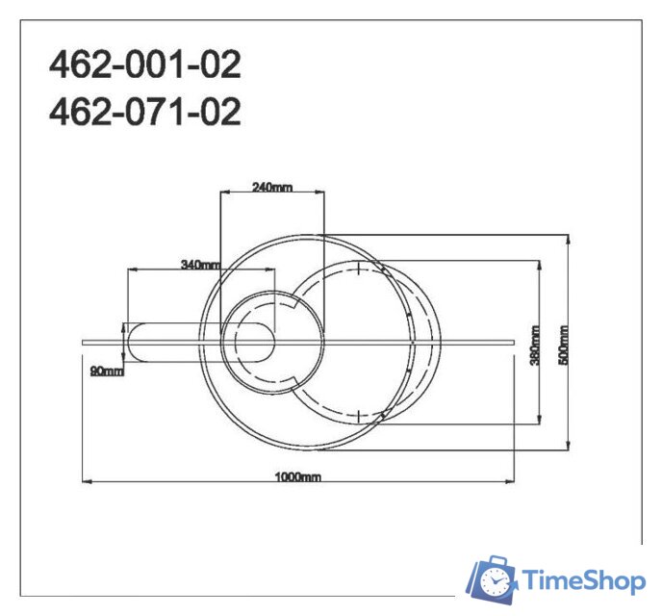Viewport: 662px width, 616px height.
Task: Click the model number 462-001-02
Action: (x=145, y=66)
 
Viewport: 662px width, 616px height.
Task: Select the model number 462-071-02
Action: (x=145, y=113)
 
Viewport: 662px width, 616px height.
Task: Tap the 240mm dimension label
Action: (x=271, y=187)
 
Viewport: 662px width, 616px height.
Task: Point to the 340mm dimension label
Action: (x=200, y=264)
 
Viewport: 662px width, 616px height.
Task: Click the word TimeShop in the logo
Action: (x=583, y=580)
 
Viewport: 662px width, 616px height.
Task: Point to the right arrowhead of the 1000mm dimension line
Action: (x=512, y=480)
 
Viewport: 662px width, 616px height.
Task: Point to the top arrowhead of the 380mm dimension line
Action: (x=540, y=262)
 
